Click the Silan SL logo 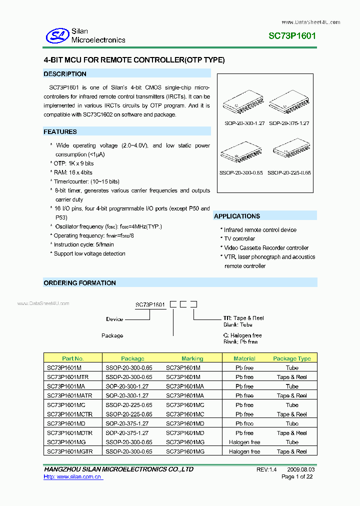[x=57, y=35]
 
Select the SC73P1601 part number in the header [x=292, y=36]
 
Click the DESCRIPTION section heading [x=65, y=74]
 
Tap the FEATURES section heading [x=60, y=132]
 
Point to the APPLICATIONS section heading [x=237, y=216]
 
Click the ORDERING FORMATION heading [x=80, y=283]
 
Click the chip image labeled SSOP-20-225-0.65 [x=288, y=152]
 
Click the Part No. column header [x=73, y=358]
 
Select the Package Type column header [x=292, y=358]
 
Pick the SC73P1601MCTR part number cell [x=69, y=414]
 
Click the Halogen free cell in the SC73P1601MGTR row [x=244, y=451]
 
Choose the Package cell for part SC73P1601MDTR [x=127, y=433]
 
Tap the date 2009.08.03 [x=300, y=469]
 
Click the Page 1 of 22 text [x=297, y=477]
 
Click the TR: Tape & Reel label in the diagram [x=243, y=318]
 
